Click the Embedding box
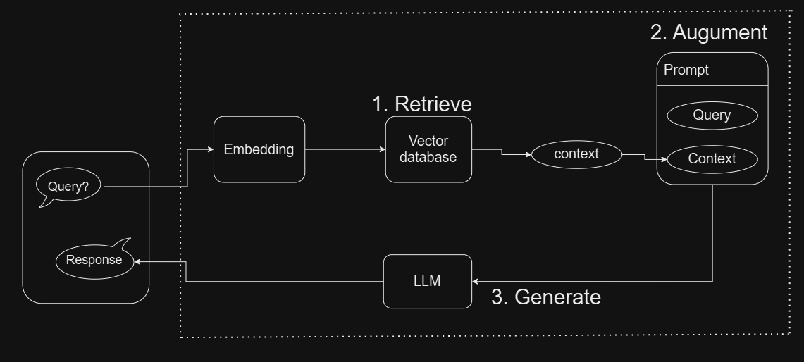(x=259, y=149)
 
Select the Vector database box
(x=428, y=149)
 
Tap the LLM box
(x=428, y=281)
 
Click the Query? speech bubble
(x=68, y=187)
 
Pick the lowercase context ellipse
(x=576, y=154)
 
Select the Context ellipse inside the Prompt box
(x=712, y=158)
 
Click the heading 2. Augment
(x=707, y=32)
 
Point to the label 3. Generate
(x=546, y=297)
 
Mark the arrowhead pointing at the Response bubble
(x=138, y=261)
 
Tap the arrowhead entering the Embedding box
(x=209, y=149)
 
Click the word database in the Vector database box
(x=428, y=157)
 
